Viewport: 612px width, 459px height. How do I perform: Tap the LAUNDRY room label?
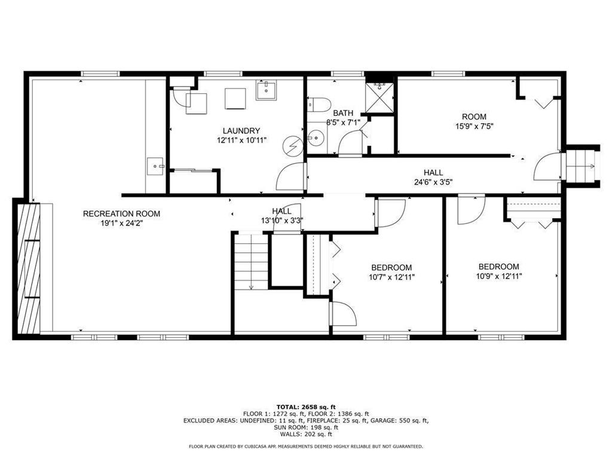[241, 131]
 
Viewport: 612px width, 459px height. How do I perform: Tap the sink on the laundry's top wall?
[265, 91]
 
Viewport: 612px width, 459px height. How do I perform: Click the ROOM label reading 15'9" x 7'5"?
[474, 117]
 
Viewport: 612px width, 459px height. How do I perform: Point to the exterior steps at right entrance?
[582, 166]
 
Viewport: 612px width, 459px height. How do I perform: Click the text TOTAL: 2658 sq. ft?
[305, 406]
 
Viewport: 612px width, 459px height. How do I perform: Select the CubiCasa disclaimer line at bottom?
[305, 446]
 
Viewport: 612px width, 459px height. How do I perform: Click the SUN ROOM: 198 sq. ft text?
[305, 427]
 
